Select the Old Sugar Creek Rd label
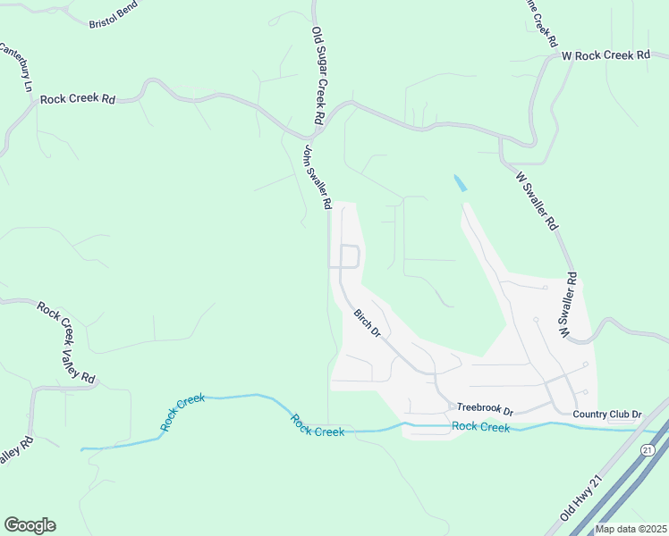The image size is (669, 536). click(x=317, y=75)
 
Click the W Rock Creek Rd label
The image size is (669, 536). click(x=605, y=55)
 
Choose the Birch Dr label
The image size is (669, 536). click(x=368, y=323)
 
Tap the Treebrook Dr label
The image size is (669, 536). click(x=484, y=410)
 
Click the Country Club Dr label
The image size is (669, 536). click(x=608, y=415)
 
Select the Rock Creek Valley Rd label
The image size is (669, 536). click(x=67, y=342)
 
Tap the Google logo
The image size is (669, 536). click(x=30, y=525)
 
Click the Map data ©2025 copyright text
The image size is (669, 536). click(x=631, y=529)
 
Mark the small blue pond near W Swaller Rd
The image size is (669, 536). click(x=460, y=183)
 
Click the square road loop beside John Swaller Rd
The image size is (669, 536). click(x=348, y=255)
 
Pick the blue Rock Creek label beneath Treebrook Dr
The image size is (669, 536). click(x=480, y=427)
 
